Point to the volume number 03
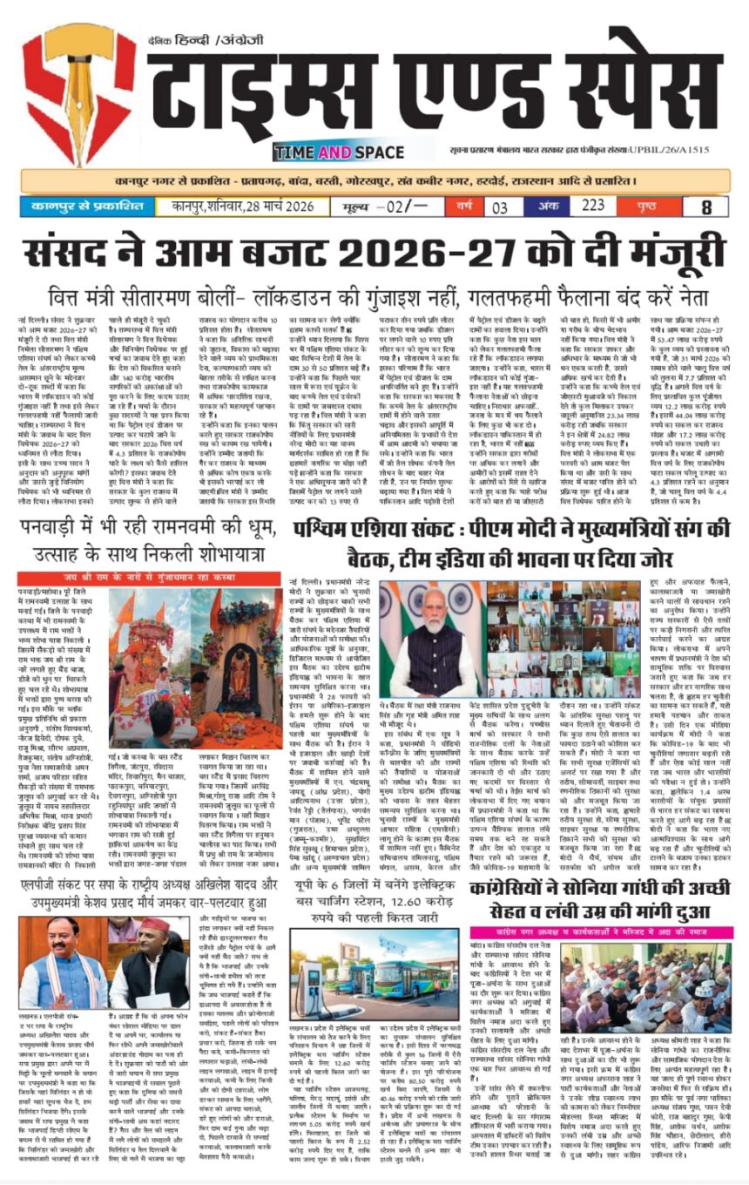(x=499, y=208)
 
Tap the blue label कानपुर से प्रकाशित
(x=85, y=208)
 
